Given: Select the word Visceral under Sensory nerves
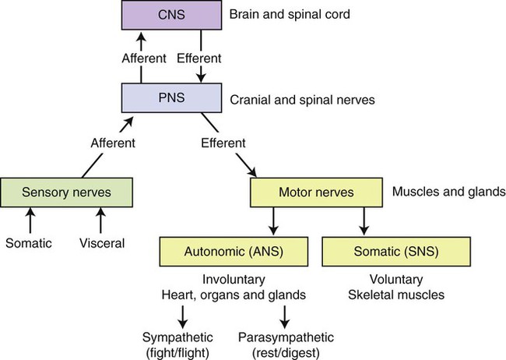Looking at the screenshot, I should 102,242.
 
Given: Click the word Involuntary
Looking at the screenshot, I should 231,280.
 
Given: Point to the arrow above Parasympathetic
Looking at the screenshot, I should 286,316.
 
